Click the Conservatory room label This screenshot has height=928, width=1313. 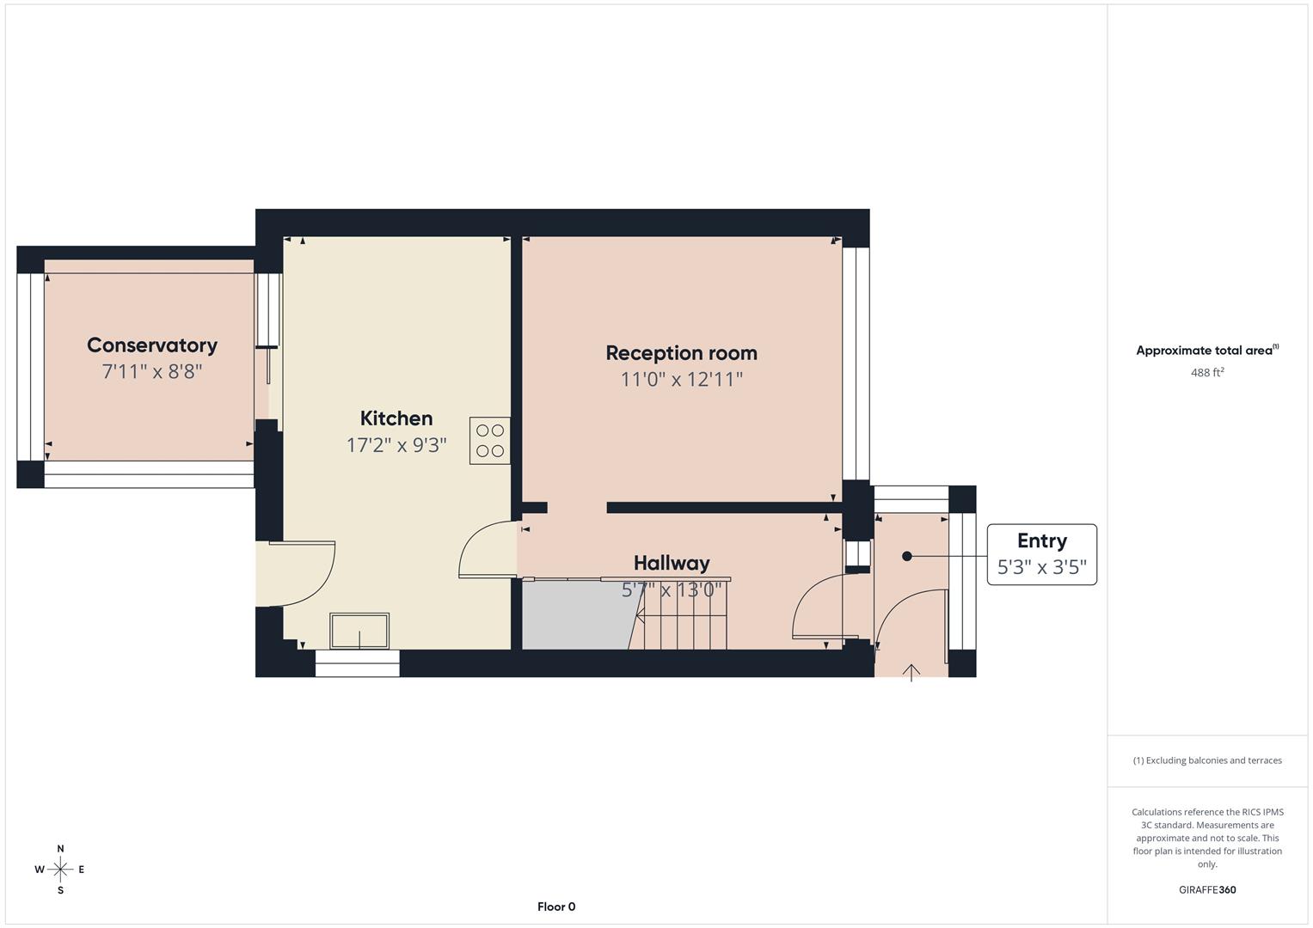(x=152, y=345)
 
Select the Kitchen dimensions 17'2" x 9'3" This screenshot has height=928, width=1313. (x=396, y=445)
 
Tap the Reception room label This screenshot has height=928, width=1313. (x=681, y=353)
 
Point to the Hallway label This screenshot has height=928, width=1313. (x=672, y=563)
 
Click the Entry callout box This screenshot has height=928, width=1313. (x=1041, y=554)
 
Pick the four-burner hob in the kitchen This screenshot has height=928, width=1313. (x=489, y=441)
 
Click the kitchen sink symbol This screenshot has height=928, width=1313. (x=359, y=631)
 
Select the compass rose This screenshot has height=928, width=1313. (x=60, y=870)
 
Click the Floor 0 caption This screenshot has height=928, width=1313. (x=556, y=907)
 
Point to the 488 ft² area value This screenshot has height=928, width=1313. (x=1207, y=373)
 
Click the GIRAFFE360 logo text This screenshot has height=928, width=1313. (x=1207, y=890)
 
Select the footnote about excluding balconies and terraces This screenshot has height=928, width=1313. (x=1207, y=760)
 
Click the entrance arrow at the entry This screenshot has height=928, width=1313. (x=911, y=672)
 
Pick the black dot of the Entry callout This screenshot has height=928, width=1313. (x=907, y=557)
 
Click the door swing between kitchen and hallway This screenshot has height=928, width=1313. (x=486, y=550)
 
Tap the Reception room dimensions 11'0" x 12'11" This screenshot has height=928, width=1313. (x=681, y=380)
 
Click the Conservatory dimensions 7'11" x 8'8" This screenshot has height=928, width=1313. (x=152, y=372)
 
